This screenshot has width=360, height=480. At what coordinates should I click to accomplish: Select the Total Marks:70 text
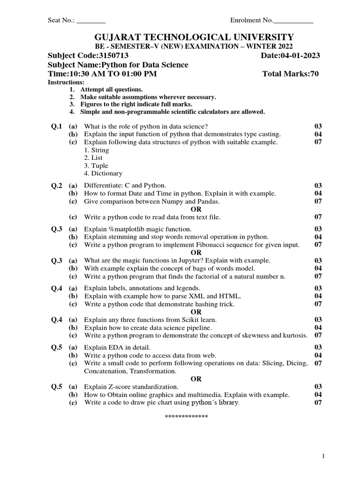coord(291,74)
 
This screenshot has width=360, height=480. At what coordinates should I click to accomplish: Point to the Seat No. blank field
coord(91,21)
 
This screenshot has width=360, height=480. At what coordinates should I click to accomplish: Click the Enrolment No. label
coord(251,21)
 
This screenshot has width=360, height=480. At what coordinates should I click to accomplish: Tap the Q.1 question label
coord(56,127)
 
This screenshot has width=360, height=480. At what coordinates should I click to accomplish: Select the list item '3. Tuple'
coord(96,165)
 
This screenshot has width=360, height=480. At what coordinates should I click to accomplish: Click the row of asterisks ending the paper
coord(186,417)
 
